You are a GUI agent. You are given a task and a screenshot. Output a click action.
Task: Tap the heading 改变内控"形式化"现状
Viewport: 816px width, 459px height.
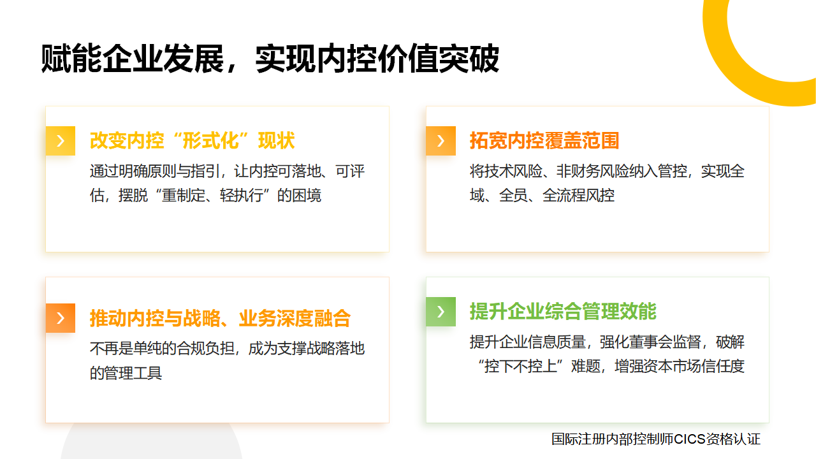192,141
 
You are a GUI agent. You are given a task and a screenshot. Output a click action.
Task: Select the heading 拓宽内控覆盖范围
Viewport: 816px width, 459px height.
544,141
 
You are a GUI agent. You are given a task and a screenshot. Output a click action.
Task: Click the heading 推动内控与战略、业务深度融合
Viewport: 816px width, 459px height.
220,317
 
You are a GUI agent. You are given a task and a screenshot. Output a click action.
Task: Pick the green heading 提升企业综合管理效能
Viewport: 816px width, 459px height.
563,312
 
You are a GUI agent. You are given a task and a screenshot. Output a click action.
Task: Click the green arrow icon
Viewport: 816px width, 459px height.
441,312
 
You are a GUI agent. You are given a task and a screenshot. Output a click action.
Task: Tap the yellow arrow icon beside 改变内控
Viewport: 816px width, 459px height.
60,141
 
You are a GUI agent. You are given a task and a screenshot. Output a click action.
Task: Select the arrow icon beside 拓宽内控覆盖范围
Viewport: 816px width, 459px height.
441,141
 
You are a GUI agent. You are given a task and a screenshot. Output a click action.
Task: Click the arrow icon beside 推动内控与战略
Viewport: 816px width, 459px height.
60,317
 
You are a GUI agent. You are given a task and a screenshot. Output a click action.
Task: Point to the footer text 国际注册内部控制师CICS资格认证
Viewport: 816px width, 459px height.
656,439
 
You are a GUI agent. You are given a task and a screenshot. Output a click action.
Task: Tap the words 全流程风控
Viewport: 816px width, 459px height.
578,195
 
